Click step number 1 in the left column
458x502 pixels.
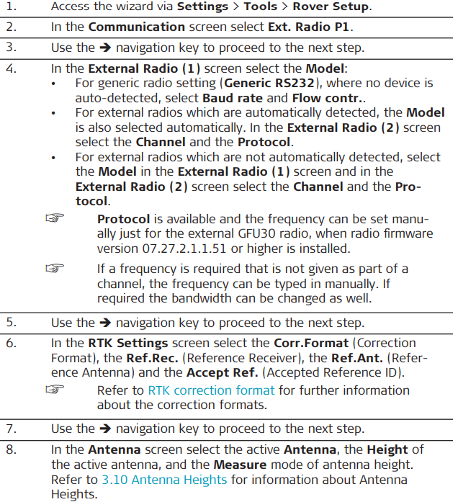11,7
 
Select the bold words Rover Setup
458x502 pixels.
334,7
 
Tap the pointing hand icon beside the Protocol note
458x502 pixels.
56,218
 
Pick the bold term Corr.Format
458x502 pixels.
314,343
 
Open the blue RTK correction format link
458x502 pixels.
211,390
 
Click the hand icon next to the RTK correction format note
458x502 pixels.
56,390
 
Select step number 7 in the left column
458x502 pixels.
11,429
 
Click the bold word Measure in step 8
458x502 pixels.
239,465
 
